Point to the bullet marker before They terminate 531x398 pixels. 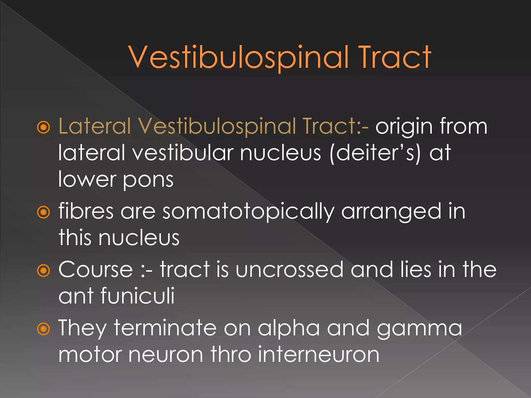[x=43, y=329]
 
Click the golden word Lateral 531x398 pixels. [x=95, y=126]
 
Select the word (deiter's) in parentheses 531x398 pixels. [x=375, y=153]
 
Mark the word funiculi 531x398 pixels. [x=137, y=296]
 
